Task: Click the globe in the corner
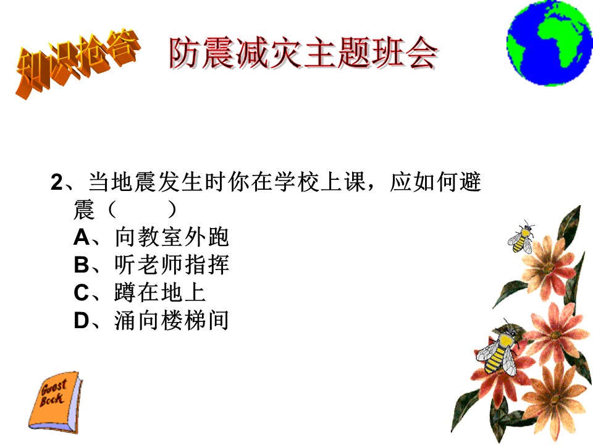click(x=550, y=43)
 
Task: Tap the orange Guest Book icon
click(x=55, y=402)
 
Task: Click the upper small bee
click(x=521, y=237)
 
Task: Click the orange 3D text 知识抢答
click(x=77, y=62)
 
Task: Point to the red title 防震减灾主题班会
click(x=303, y=53)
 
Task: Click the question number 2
click(x=57, y=182)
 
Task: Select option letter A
click(x=82, y=237)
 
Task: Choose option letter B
click(x=82, y=265)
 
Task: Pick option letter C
click(x=82, y=293)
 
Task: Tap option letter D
click(x=82, y=321)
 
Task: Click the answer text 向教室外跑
click(x=172, y=237)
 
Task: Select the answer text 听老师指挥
click(x=172, y=265)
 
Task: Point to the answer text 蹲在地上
click(x=160, y=292)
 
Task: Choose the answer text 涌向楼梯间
click(x=172, y=321)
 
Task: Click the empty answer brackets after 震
click(x=142, y=210)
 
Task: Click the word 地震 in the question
click(x=134, y=182)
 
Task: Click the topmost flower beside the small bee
click(x=548, y=267)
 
